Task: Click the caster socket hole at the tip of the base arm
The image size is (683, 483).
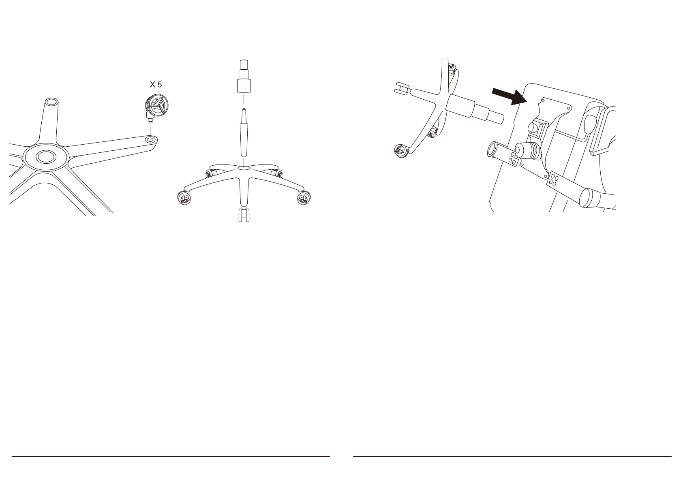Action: pos(150,139)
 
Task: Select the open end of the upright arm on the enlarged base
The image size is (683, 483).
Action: pos(51,102)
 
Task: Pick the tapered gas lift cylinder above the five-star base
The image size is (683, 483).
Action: pos(243,134)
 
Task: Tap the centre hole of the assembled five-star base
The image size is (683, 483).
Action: pos(243,167)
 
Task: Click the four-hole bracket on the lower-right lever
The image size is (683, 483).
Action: pos(553,179)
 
